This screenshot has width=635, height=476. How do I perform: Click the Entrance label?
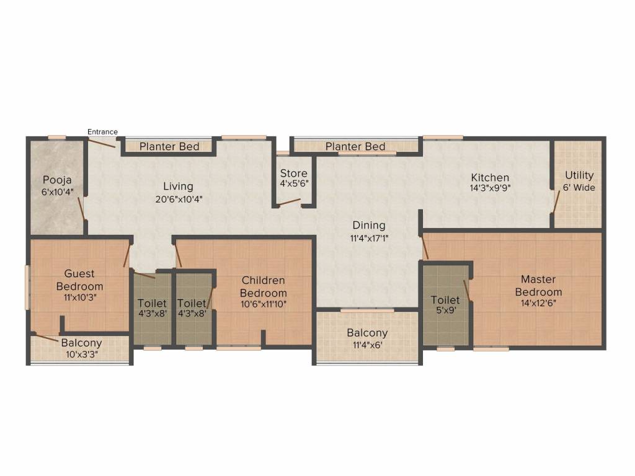pyautogui.click(x=102, y=131)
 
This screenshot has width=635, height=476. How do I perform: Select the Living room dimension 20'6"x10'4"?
pyautogui.click(x=178, y=200)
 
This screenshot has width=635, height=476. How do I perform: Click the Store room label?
pyautogui.click(x=293, y=174)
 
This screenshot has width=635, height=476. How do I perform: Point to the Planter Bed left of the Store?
pyautogui.click(x=169, y=147)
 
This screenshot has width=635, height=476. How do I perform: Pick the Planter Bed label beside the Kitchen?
pyautogui.click(x=355, y=147)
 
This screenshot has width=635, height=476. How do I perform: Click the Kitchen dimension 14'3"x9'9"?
pyautogui.click(x=489, y=188)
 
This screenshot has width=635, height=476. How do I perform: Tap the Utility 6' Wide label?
pyautogui.click(x=579, y=181)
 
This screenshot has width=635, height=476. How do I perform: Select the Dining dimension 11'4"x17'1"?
pyautogui.click(x=369, y=237)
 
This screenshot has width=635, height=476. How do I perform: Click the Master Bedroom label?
pyautogui.click(x=538, y=286)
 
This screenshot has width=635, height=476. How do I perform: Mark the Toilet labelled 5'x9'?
pyautogui.click(x=445, y=306)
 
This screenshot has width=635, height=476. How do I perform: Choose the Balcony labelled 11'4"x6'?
pyautogui.click(x=367, y=339)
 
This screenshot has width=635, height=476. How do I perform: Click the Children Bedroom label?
pyautogui.click(x=264, y=287)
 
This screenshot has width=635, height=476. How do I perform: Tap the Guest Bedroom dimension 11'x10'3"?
pyautogui.click(x=79, y=297)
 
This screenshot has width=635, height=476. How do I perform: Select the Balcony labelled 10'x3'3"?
pyautogui.click(x=81, y=348)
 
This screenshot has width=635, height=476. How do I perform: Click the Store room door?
pyautogui.click(x=288, y=203)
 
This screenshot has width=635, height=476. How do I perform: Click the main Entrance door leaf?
pyautogui.click(x=100, y=143)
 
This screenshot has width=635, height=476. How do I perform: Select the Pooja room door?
pyautogui.click(x=81, y=209)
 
